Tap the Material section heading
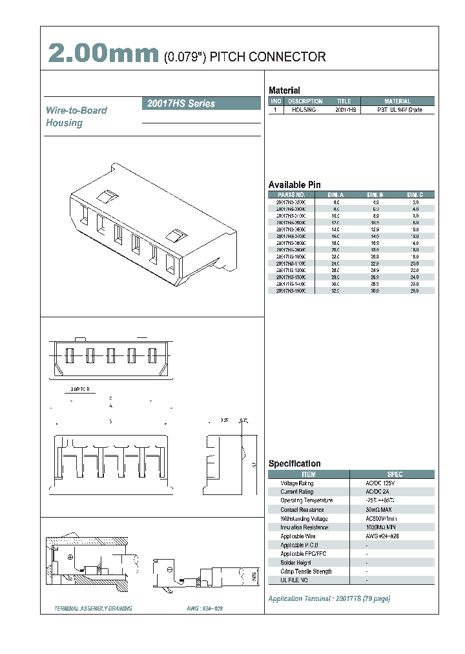point(284,90)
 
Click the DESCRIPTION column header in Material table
point(305,101)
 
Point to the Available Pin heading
point(294,185)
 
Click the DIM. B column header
point(375,195)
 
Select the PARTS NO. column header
point(291,195)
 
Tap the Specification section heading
point(294,463)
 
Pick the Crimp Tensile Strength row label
point(306,571)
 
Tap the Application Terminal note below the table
point(329,598)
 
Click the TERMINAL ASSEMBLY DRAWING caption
point(94,609)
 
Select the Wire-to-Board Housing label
point(76,116)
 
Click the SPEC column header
point(394,474)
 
